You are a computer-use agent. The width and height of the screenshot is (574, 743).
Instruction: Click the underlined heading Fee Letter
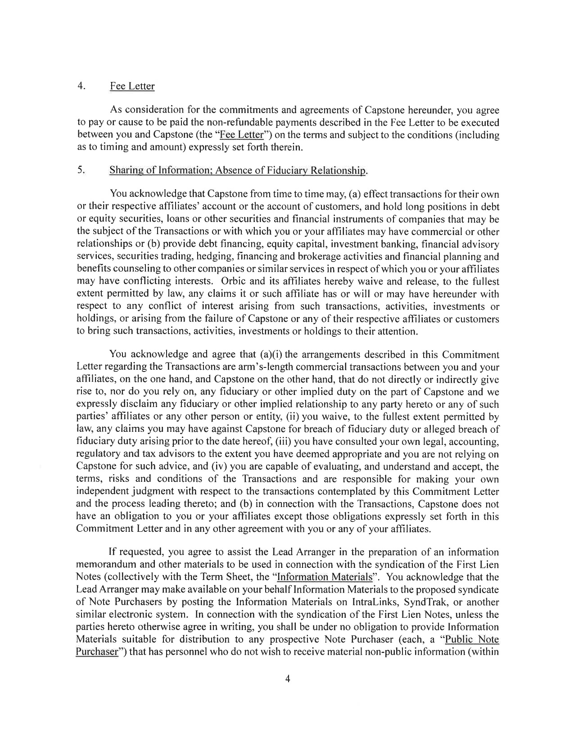click(x=132, y=86)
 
